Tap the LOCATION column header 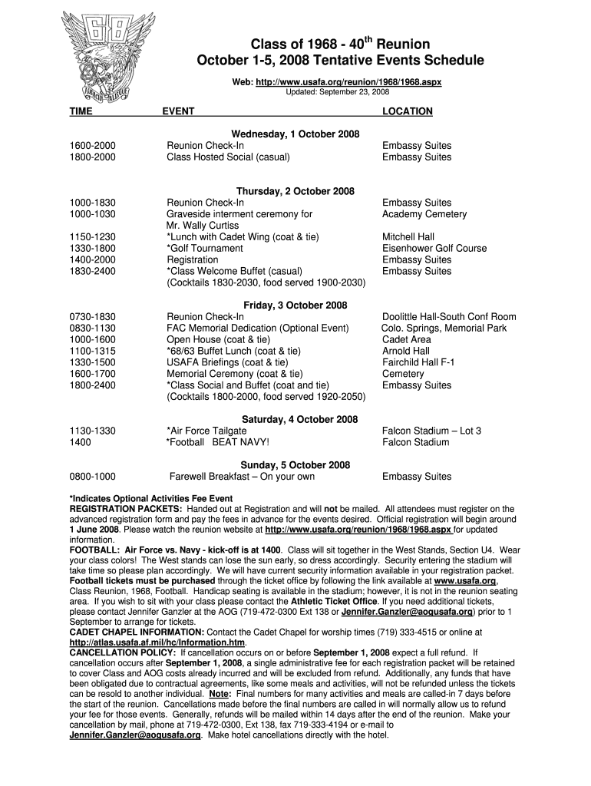click(408, 111)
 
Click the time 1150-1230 click(92, 237)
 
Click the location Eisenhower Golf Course click(434, 249)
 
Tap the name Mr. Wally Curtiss click(203, 226)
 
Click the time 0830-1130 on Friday click(92, 329)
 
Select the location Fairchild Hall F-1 click(419, 362)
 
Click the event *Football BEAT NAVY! click(218, 442)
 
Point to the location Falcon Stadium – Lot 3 click(431, 431)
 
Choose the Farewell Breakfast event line click(242, 477)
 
